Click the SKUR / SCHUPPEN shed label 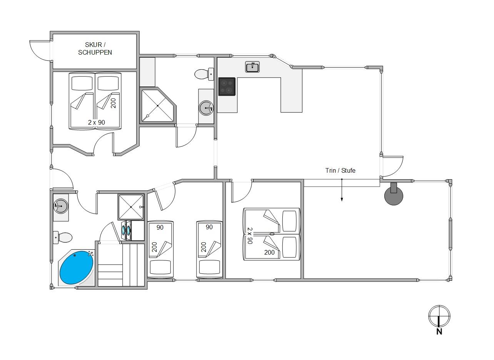point(95,48)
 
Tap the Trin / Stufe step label point(340,170)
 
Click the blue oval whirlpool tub point(77,267)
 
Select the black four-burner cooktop point(227,87)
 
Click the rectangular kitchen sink point(252,67)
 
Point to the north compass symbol point(439,316)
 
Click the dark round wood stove point(394,194)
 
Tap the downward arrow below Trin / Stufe point(342,190)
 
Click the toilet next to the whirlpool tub point(63,237)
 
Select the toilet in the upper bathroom point(204,74)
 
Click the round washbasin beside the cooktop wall point(206,108)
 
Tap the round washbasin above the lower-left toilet point(61,206)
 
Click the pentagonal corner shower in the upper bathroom point(158,106)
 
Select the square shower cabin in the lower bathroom point(131,207)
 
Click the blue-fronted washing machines point(126,230)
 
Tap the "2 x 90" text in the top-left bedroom point(96,122)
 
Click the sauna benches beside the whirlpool point(121,265)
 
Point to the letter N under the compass point(439,332)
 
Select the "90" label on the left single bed point(160,227)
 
